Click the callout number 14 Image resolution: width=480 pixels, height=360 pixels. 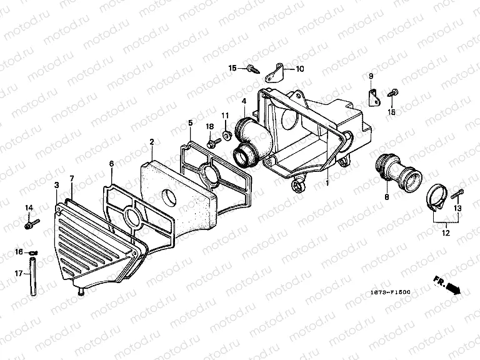(x=29, y=207)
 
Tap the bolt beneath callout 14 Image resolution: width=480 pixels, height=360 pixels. (x=29, y=222)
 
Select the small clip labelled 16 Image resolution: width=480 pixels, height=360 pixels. (x=34, y=252)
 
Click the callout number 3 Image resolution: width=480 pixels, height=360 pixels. (x=56, y=185)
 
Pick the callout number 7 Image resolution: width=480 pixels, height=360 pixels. (x=72, y=179)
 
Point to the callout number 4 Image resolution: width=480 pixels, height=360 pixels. (x=244, y=101)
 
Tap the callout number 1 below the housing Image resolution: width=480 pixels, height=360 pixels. (x=326, y=184)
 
